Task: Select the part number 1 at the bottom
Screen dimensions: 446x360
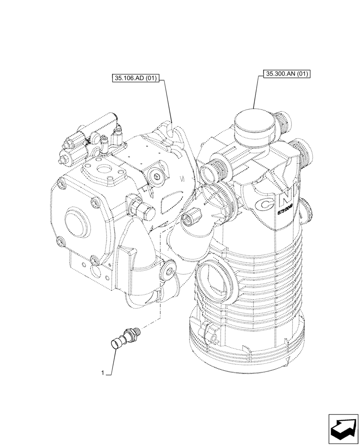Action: [103, 373]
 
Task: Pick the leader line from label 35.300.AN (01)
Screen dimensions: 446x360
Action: [256, 91]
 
